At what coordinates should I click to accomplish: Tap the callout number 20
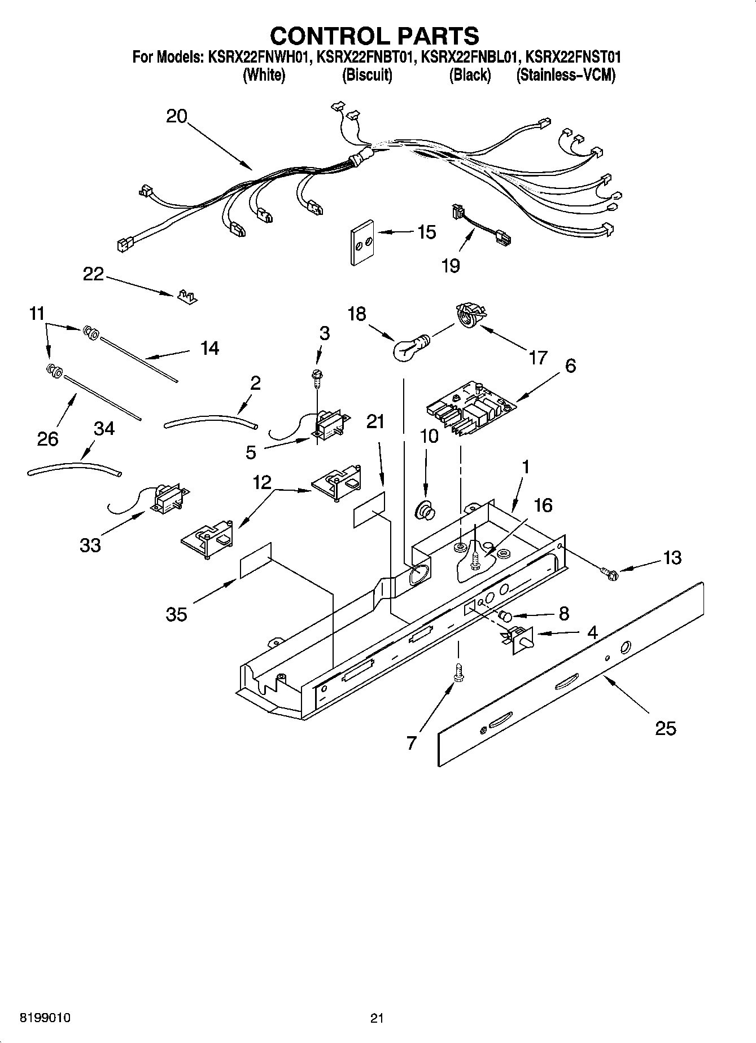[x=177, y=116]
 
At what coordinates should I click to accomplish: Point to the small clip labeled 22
[x=187, y=297]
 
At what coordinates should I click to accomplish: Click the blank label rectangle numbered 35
[x=256, y=561]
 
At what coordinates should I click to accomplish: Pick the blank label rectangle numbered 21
[x=370, y=509]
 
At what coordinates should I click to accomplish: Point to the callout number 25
[x=666, y=728]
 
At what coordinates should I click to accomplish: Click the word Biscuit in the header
[x=367, y=75]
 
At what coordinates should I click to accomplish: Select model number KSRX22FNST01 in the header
[x=573, y=56]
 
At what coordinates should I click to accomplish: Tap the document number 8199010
[x=45, y=1018]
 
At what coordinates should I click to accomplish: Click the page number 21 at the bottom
[x=377, y=1018]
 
